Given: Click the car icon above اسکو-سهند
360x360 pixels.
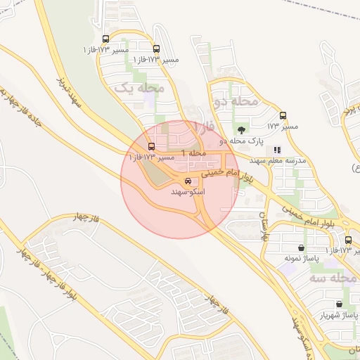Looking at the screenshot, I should click(x=187, y=181).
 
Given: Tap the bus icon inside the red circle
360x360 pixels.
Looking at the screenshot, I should click(x=152, y=146).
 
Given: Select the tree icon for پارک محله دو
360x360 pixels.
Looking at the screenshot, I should click(x=242, y=129).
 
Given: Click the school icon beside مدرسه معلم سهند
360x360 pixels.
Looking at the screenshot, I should click(x=277, y=150).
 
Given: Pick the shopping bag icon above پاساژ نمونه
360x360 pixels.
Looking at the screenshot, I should click(x=302, y=247).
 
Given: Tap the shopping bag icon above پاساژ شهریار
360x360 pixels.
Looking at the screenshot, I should click(x=340, y=304).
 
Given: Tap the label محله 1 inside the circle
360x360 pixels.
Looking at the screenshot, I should click(x=193, y=153).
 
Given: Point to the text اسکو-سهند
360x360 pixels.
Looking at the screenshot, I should click(x=188, y=191).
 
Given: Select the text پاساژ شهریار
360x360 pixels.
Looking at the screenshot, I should click(x=335, y=316).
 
